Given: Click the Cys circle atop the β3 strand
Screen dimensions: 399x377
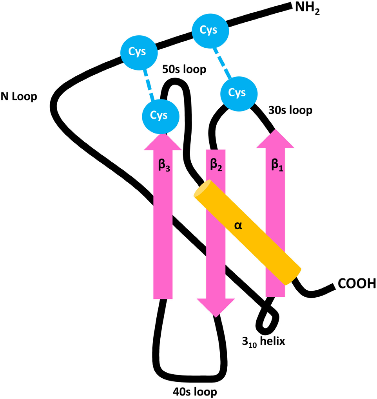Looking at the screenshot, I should point(161,115).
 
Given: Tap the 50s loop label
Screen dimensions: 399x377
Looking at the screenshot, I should point(183,70).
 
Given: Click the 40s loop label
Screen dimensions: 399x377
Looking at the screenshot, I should point(195,391).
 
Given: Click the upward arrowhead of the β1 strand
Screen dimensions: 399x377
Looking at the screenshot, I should point(275,140).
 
